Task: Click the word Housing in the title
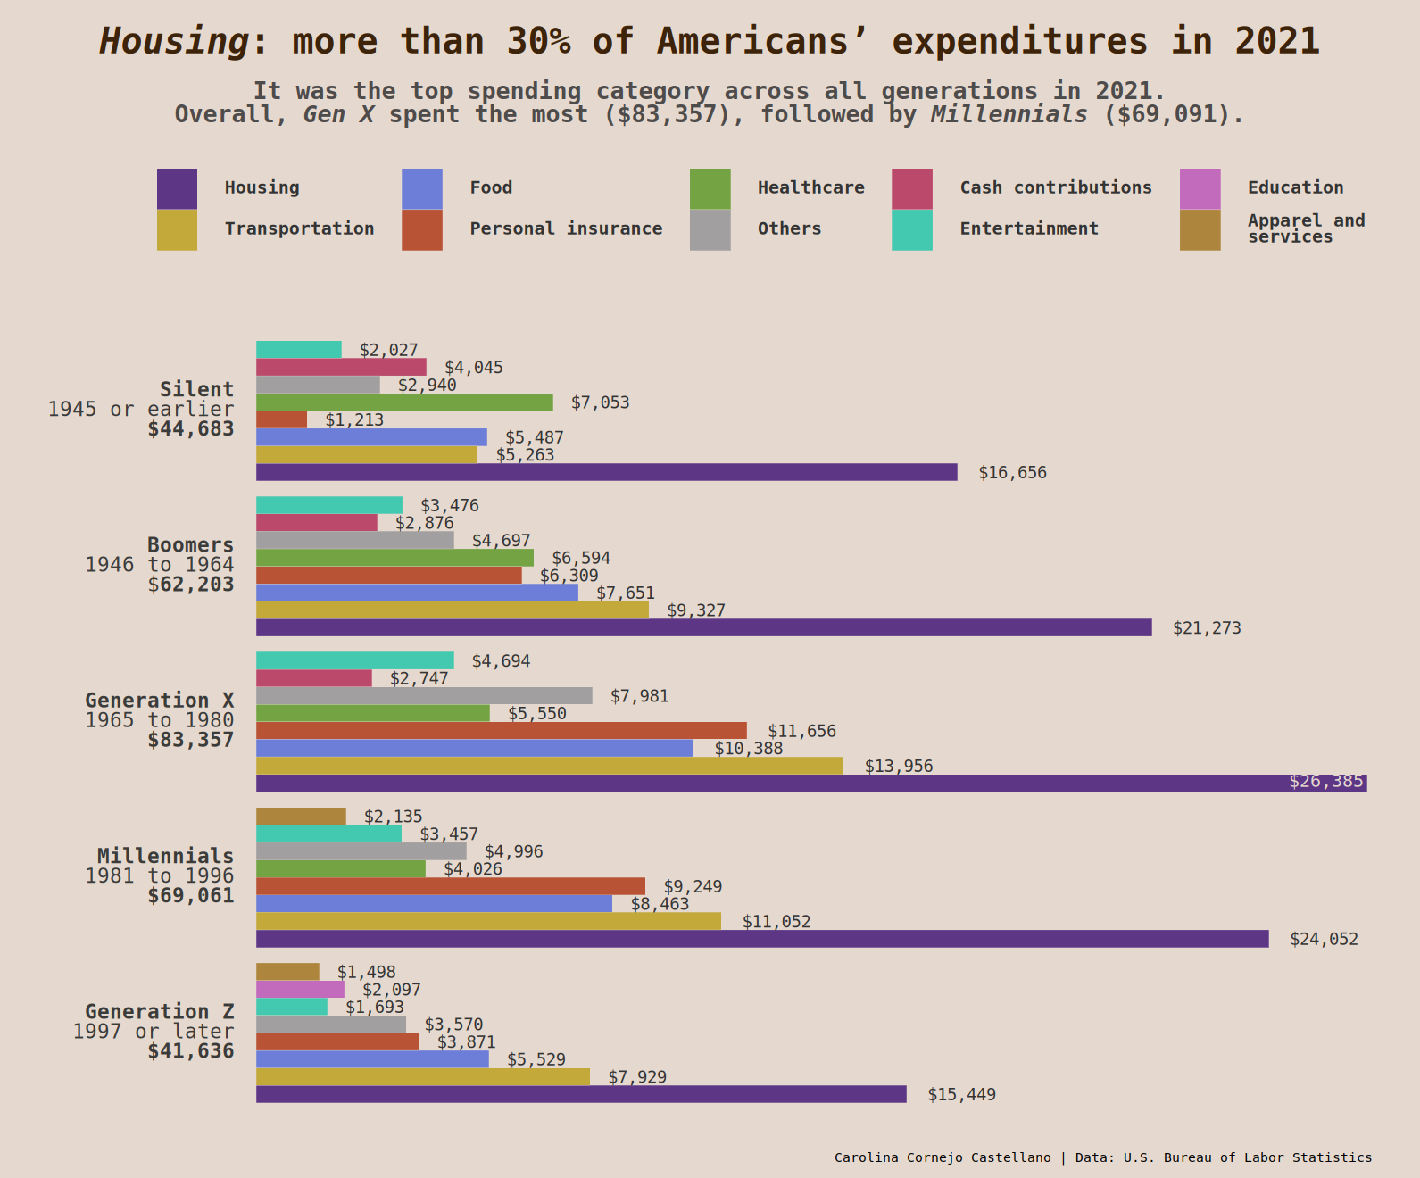pyautogui.click(x=174, y=42)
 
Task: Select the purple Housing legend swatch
pyautogui.click(x=177, y=188)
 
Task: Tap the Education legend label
pyautogui.click(x=1295, y=187)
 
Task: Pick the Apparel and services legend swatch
pyautogui.click(x=1200, y=230)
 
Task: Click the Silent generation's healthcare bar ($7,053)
pyautogui.click(x=404, y=402)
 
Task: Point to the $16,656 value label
pyautogui.click(x=1012, y=473)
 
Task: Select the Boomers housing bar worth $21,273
pyautogui.click(x=703, y=628)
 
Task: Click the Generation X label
pyautogui.click(x=159, y=701)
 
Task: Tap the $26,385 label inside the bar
pyautogui.click(x=1325, y=782)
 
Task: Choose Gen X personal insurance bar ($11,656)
pyautogui.click(x=501, y=731)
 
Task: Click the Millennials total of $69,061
pyautogui.click(x=190, y=896)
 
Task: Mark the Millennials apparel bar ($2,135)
pyautogui.click(x=301, y=817)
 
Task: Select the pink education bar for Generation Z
pyautogui.click(x=300, y=990)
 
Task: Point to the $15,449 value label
pyautogui.click(x=961, y=1095)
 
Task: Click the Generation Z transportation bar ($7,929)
pyautogui.click(x=422, y=1077)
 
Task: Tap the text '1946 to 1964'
pyautogui.click(x=159, y=565)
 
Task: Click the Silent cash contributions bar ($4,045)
pyautogui.click(x=341, y=368)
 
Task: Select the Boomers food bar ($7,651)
pyautogui.click(x=417, y=593)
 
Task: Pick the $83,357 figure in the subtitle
pyautogui.click(x=667, y=115)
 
